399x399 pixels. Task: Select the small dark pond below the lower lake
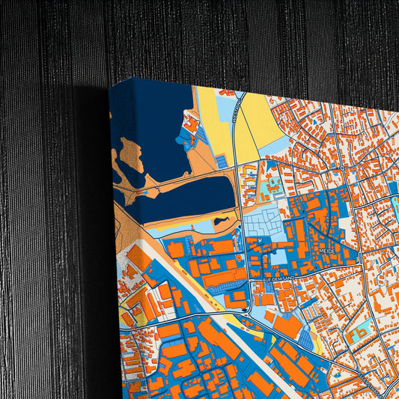click(222, 221)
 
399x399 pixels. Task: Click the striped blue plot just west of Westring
click(223, 161)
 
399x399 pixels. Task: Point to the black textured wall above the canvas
click(225, 37)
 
